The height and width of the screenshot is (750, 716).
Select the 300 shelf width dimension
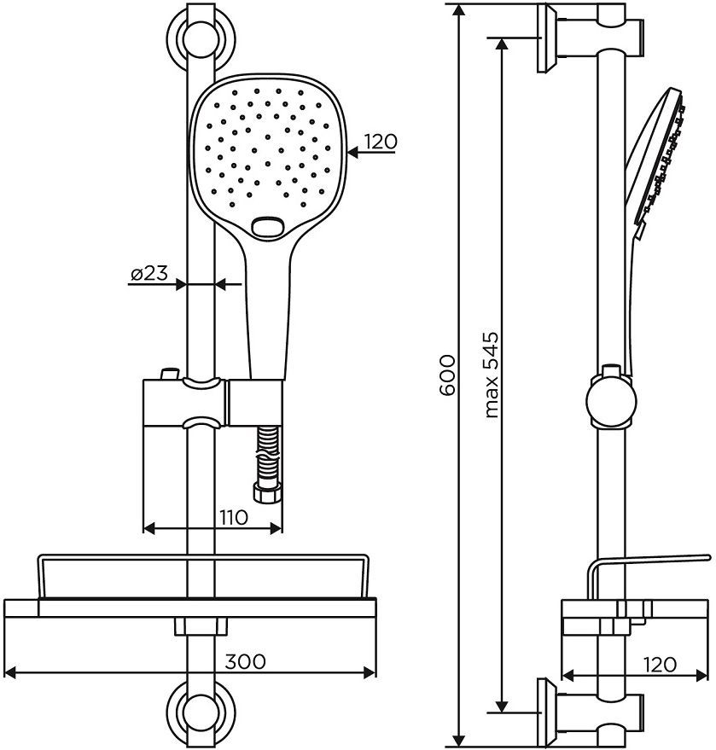[246, 661]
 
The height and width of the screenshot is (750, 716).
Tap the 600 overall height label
[445, 375]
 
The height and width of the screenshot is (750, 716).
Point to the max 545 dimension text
[491, 375]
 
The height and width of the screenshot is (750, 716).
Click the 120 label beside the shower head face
[380, 142]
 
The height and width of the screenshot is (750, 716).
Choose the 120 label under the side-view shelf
[659, 664]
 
